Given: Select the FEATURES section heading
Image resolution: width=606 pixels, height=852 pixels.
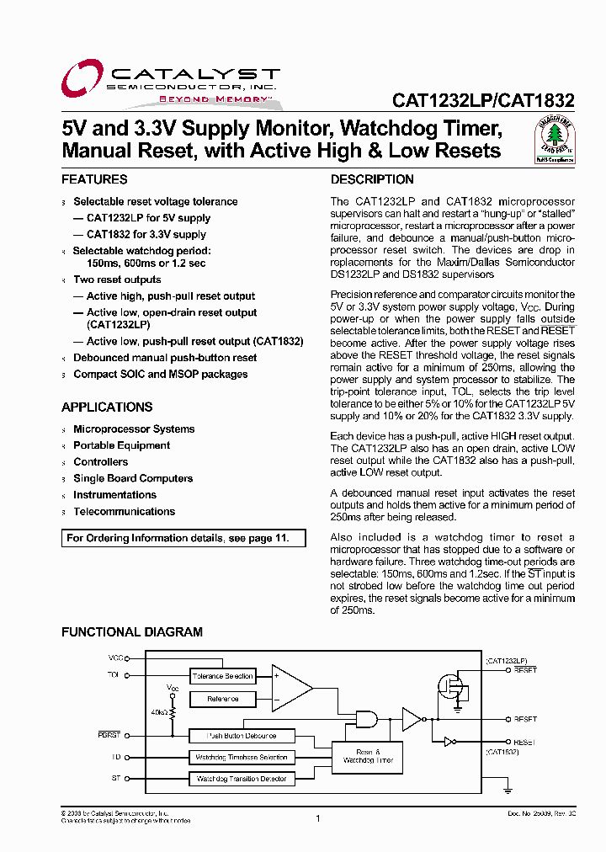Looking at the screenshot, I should (94, 179).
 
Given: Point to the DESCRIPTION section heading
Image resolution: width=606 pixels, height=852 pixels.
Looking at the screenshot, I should (372, 179).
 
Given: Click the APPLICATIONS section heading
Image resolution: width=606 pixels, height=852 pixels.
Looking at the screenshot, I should (107, 407).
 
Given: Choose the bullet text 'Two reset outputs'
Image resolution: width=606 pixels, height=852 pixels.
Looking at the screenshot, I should (117, 280).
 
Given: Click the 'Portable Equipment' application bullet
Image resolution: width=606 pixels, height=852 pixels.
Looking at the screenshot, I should (121, 445).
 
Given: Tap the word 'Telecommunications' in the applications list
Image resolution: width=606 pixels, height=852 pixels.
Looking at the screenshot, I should (124, 511).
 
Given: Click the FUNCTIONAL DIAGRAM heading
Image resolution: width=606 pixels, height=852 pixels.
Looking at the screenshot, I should (132, 631).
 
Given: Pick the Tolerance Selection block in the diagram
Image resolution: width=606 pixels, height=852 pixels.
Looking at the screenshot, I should (222, 676).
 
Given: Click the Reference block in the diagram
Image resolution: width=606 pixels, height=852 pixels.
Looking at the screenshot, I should (222, 699).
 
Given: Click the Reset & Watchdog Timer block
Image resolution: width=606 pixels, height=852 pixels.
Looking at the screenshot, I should (368, 755).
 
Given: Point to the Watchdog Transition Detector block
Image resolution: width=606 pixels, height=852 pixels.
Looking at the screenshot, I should (241, 779).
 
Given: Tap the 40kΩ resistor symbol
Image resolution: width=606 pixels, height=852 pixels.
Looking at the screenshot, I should (173, 712).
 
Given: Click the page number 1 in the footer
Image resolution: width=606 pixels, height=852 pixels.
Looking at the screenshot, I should (318, 818).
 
